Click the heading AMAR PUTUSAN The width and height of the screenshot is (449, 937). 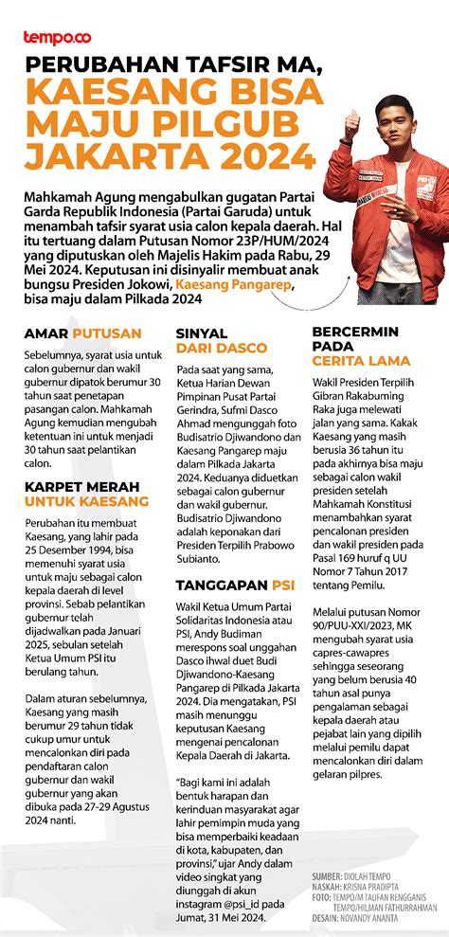click(83, 333)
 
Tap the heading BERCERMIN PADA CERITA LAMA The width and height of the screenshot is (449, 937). click(361, 346)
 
